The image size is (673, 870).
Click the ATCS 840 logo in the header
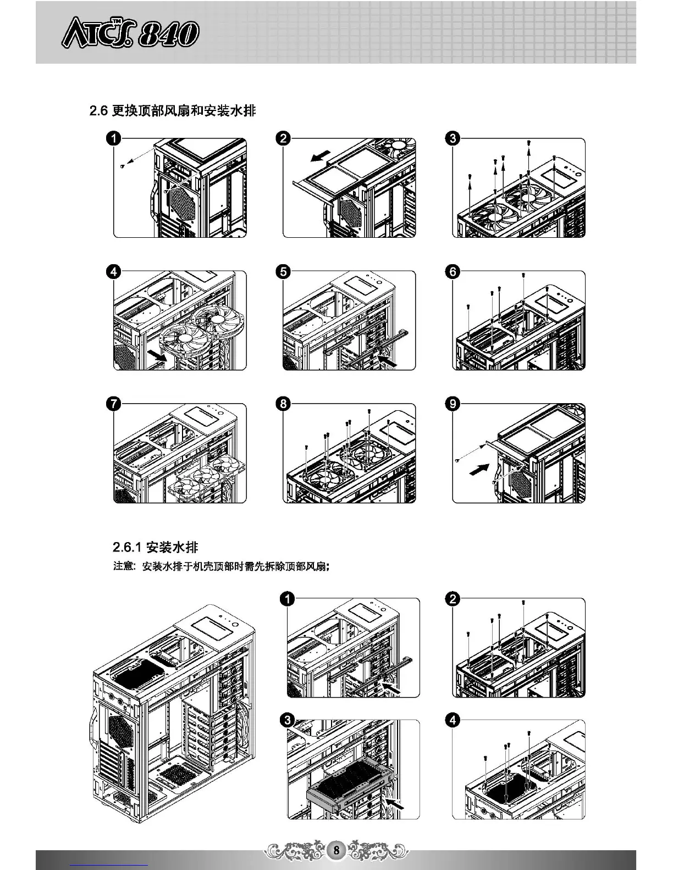[x=130, y=35]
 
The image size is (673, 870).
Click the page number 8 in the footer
[x=336, y=850]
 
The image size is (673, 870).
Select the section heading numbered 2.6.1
[x=155, y=547]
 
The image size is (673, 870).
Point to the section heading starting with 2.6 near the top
[x=172, y=111]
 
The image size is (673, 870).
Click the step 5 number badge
[x=284, y=272]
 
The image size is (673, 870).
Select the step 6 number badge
[x=453, y=272]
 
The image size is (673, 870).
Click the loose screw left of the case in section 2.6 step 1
[x=122, y=166]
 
